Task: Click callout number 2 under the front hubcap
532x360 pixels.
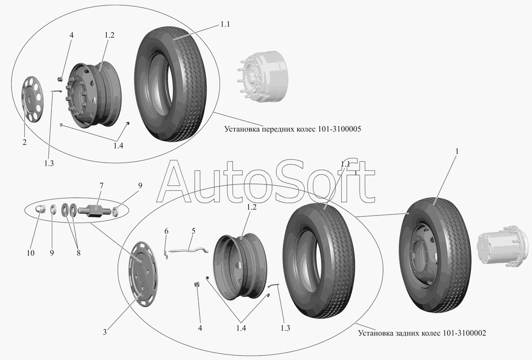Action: tap(24, 142)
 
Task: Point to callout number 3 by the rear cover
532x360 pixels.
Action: tap(105, 331)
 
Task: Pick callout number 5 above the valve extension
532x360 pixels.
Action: tap(193, 231)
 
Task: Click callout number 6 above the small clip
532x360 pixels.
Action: tap(167, 231)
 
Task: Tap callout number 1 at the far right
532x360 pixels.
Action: tap(457, 151)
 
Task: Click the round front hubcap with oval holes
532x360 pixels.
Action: tap(31, 99)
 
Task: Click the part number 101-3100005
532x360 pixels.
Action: tap(339, 129)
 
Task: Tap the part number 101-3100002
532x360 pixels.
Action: tap(464, 333)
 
